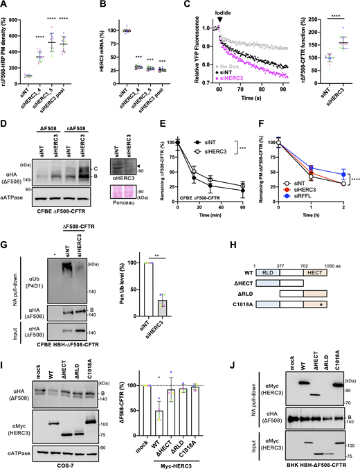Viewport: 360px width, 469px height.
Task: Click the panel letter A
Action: pyautogui.click(x=5, y=5)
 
